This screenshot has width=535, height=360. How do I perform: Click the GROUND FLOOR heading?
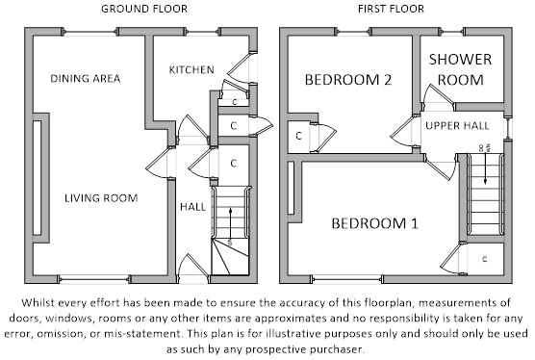point(144,9)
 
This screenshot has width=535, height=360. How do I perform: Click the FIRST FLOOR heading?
point(391,9)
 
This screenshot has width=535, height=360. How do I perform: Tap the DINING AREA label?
point(86,79)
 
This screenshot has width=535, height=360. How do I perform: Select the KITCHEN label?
point(191,70)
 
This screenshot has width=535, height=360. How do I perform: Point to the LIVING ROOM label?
point(101,198)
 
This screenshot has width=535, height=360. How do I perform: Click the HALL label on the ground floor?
point(192,207)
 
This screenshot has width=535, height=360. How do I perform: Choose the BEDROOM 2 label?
point(348,80)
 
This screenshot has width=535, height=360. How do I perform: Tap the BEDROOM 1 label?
point(374,223)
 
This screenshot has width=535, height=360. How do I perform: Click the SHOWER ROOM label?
point(460,69)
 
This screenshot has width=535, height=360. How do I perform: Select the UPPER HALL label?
point(457,125)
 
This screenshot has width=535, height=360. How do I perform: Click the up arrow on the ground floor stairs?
point(231,224)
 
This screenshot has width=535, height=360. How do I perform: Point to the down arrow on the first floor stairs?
point(485,167)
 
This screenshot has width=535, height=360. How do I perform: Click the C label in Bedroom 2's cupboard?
point(299,136)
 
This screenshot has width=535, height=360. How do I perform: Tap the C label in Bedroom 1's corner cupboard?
point(485,259)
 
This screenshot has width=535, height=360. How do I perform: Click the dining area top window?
point(90,32)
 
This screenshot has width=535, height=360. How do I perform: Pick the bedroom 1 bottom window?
point(346,279)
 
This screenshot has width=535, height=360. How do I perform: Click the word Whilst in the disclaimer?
point(37,302)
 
